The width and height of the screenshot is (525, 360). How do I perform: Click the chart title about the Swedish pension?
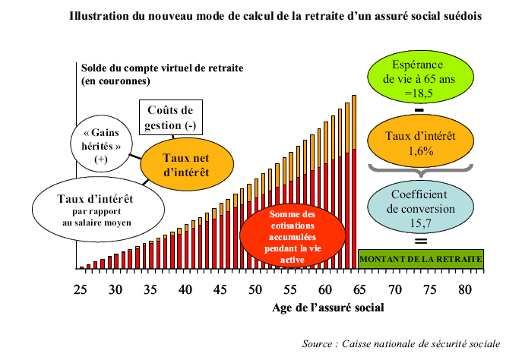275,14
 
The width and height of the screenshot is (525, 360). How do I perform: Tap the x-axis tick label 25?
80,289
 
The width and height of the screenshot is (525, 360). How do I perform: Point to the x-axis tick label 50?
255,289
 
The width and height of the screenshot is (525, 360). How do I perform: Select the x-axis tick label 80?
464,289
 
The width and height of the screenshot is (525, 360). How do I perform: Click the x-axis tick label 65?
359,289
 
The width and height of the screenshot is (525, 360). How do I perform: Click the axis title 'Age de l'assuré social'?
327,308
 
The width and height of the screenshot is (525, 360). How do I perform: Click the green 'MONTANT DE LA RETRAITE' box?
420,259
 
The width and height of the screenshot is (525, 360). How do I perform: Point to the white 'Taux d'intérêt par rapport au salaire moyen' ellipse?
97,207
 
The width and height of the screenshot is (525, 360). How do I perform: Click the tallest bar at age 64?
354,182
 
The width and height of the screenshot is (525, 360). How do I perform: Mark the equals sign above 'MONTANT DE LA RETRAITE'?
420,242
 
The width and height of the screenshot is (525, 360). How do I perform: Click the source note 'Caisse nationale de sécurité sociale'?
400,343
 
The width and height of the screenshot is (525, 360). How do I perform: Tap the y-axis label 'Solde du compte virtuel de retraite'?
162,68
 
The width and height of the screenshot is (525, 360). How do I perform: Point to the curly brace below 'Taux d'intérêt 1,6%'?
420,169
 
